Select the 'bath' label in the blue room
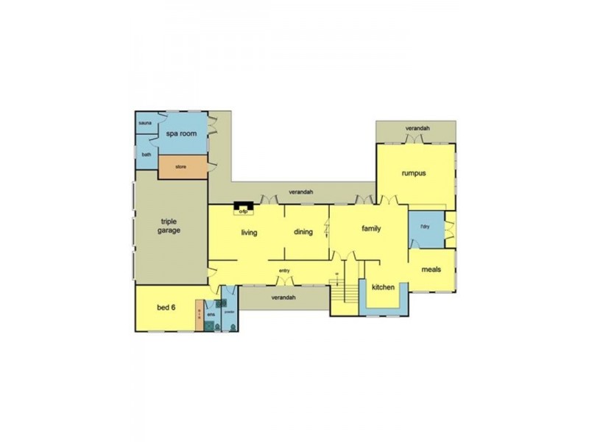(x=147, y=155)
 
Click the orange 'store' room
(x=181, y=167)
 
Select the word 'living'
(x=249, y=233)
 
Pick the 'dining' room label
(x=303, y=232)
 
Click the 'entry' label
(x=284, y=271)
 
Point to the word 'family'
(x=371, y=228)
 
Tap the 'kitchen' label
(x=384, y=287)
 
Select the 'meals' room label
(x=431, y=270)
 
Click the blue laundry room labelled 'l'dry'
(x=426, y=226)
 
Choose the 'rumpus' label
(x=414, y=174)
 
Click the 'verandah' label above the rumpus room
(x=417, y=129)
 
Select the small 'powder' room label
(x=229, y=312)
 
